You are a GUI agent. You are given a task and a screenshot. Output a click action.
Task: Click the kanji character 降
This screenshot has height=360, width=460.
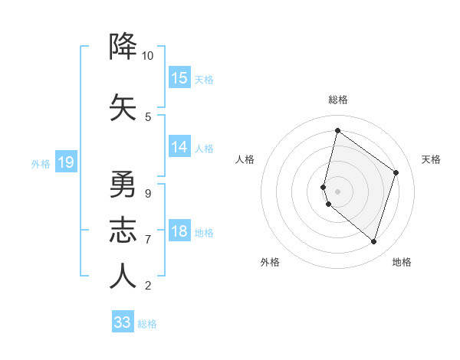coord(123,47)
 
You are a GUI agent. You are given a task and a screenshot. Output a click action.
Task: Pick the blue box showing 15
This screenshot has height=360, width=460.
coord(179,78)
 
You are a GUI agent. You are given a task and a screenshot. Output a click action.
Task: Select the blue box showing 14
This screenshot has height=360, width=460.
coord(179,147)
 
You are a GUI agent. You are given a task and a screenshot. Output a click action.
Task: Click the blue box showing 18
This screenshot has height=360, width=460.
coord(179,232)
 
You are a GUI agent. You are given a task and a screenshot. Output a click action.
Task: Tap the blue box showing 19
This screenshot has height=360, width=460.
coord(66,162)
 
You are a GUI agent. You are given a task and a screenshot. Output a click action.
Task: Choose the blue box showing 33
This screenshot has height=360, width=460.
coord(123,322)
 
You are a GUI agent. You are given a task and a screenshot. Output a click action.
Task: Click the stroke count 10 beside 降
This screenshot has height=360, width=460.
coord(147,56)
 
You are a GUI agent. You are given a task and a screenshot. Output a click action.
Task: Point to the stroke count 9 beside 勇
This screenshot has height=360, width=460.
coord(147,193)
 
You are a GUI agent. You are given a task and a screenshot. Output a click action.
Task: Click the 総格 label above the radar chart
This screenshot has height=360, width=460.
coord(338,100)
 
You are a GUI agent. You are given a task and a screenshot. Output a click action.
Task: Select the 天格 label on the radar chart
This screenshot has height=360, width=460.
coord(432,159)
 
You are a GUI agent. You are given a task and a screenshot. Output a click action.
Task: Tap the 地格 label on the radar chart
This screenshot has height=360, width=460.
coord(402,262)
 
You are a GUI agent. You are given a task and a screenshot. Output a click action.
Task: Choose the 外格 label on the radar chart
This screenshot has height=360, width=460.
coord(270,262)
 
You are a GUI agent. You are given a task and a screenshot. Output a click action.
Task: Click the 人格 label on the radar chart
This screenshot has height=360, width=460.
coord(245,159)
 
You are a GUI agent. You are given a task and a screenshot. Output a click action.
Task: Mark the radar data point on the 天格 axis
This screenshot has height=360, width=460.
coord(396,172)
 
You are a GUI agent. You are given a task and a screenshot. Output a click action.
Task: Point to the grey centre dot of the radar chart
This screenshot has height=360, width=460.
coord(338,191)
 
